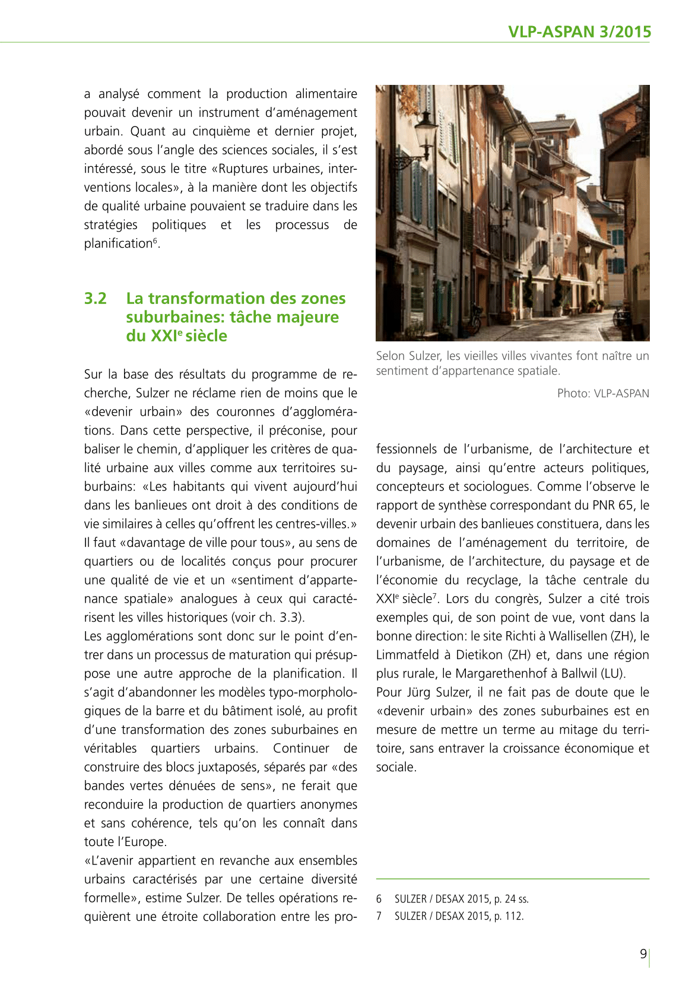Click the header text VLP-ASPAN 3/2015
click(579, 32)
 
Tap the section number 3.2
click(96, 298)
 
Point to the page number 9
click(643, 954)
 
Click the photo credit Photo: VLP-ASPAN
click(603, 393)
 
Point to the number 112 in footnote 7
click(513, 916)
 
